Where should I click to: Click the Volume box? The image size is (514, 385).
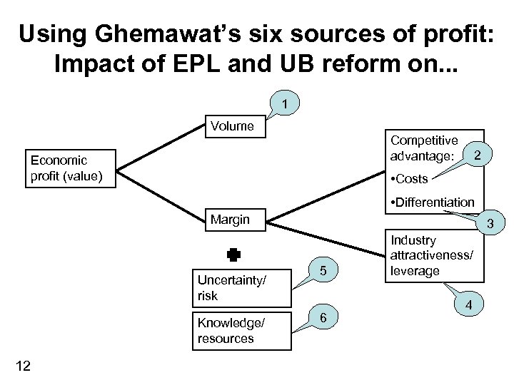233,126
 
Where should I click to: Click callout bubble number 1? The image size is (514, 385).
285,105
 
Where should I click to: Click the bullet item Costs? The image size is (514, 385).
409,179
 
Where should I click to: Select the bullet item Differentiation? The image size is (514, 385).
432,202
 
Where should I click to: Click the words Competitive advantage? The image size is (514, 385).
425,148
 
